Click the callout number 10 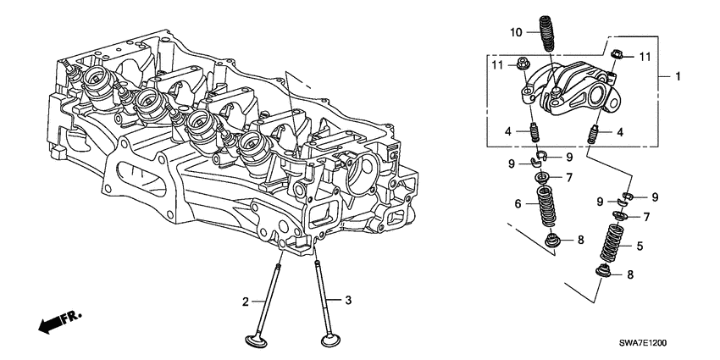point(517,32)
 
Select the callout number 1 point(678,76)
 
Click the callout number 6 point(518,204)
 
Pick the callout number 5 point(639,246)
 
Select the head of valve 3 point(330,341)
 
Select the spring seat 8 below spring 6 point(552,242)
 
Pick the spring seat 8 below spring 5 point(606,274)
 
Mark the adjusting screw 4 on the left point(534,134)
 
